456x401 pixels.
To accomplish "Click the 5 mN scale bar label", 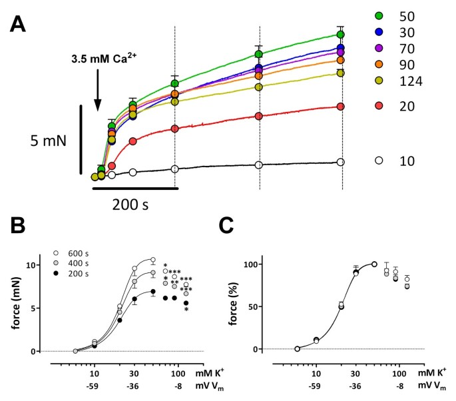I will (41, 141).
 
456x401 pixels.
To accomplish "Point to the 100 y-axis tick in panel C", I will (269, 264).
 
